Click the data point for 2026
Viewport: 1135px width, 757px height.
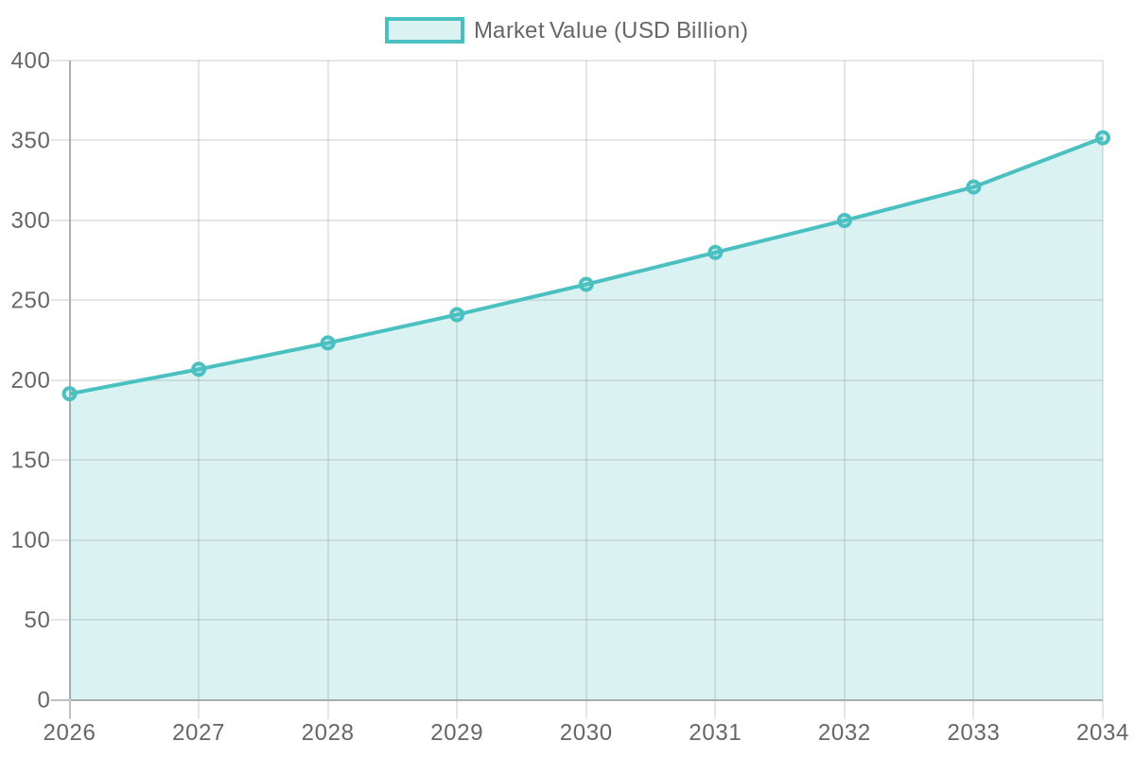point(69,394)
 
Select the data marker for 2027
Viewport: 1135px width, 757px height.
point(199,369)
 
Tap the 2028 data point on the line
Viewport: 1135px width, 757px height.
point(327,343)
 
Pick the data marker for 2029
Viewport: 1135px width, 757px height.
point(457,314)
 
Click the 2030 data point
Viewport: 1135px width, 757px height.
point(585,284)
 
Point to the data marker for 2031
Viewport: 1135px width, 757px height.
point(715,253)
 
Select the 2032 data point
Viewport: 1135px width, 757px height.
point(844,220)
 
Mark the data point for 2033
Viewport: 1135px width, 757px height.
point(973,186)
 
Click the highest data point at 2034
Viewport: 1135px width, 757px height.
point(1102,137)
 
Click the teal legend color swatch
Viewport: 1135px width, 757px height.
point(424,30)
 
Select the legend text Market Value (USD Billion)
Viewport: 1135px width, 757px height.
point(611,30)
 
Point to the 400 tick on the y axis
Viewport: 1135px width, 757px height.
point(30,61)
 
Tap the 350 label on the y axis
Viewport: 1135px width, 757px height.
point(30,141)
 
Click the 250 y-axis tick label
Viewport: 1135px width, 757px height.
point(30,301)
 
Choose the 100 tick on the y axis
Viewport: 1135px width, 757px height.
point(30,540)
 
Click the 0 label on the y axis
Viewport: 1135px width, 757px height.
point(44,700)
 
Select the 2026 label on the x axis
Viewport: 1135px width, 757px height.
point(69,732)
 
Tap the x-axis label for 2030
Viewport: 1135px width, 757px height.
point(585,732)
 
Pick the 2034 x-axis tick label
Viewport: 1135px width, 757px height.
point(1102,732)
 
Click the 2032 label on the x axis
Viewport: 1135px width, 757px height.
point(844,732)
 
